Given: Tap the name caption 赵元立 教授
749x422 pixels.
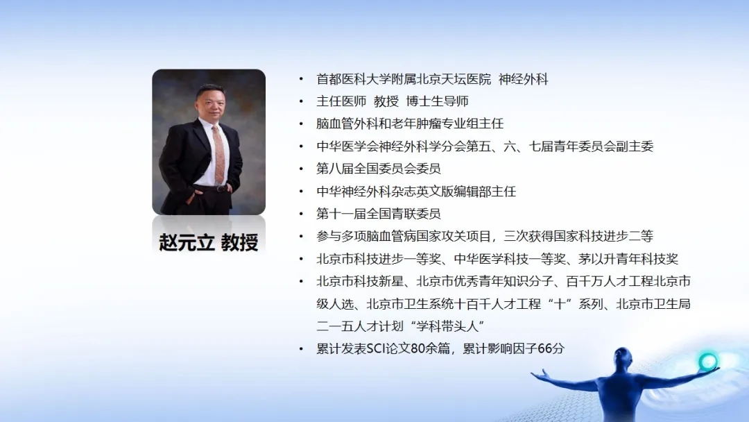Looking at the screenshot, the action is (x=208, y=242).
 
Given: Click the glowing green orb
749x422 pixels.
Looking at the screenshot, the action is (x=707, y=362).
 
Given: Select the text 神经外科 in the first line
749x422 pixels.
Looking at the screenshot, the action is (x=523, y=79).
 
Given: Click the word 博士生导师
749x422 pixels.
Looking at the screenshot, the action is (x=437, y=101).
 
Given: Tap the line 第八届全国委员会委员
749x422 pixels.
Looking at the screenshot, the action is (x=379, y=169).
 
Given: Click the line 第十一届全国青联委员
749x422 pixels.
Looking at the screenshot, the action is (x=379, y=214).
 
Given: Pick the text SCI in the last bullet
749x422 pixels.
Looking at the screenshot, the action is (x=376, y=349).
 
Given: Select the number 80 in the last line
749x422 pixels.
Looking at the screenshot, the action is (x=417, y=349).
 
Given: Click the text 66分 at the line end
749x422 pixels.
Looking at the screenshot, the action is (x=551, y=349).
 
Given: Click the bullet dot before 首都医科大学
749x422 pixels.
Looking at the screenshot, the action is (x=301, y=79).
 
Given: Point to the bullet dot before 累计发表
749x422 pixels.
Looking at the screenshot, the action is (x=301, y=349).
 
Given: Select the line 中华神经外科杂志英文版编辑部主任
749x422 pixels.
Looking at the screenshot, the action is (x=416, y=191).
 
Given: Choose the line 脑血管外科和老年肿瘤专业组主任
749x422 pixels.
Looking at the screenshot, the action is (x=410, y=124).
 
